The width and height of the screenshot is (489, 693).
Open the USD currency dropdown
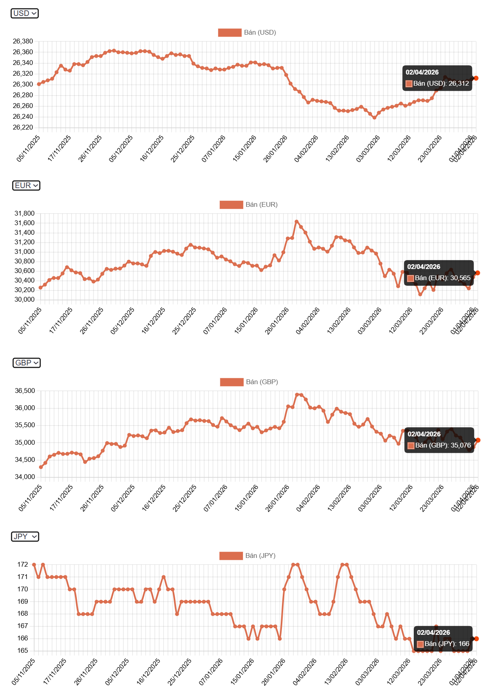click(x=24, y=13)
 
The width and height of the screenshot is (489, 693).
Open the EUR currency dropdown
click(x=26, y=185)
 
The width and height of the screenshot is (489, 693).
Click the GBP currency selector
click(x=26, y=363)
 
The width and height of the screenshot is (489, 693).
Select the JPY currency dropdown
click(x=25, y=536)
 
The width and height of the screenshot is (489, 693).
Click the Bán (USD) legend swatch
click(x=230, y=32)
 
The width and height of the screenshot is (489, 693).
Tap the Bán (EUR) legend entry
click(x=248, y=204)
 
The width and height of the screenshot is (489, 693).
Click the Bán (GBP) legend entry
click(x=249, y=382)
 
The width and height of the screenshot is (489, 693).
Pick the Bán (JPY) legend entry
click(x=248, y=556)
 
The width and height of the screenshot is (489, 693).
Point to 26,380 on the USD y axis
click(x=23, y=41)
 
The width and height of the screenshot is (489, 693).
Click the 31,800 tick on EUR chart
click(x=24, y=214)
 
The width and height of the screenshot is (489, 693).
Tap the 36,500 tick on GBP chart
click(x=25, y=391)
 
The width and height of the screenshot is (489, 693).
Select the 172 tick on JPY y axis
click(x=22, y=565)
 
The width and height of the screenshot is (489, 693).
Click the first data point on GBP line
click(x=41, y=467)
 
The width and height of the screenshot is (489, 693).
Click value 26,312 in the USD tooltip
click(x=459, y=84)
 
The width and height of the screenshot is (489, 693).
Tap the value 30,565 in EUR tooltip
click(x=460, y=278)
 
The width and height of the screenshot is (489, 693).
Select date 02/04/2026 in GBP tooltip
click(x=424, y=434)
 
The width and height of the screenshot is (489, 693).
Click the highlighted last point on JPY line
click(x=476, y=638)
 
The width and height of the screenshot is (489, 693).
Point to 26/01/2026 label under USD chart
click(x=276, y=149)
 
